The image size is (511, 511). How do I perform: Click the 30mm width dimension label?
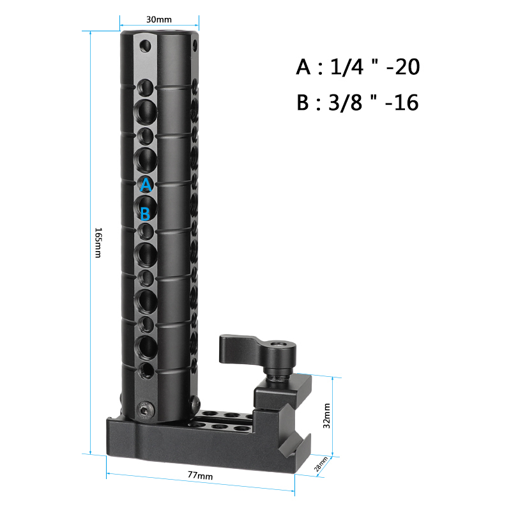click(x=158, y=19)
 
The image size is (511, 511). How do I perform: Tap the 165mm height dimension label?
click(x=98, y=243)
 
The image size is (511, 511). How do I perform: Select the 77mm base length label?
click(x=200, y=475)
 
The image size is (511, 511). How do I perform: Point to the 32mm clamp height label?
click(x=326, y=416)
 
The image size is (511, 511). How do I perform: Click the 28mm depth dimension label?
click(x=321, y=464)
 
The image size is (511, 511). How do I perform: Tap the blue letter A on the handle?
click(x=146, y=185)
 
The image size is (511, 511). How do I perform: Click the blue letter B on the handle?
click(x=146, y=213)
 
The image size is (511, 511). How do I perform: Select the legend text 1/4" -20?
click(x=375, y=67)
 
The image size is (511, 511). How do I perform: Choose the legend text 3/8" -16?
click(x=374, y=102)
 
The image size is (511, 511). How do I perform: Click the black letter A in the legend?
click(x=303, y=67)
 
